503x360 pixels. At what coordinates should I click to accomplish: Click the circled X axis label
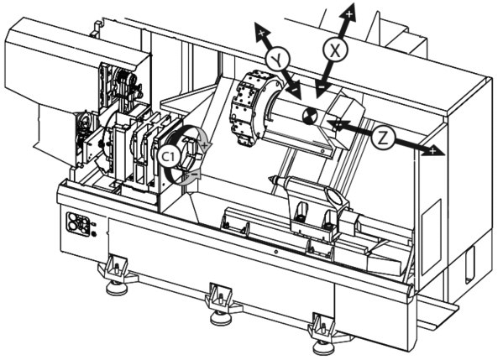click(335, 50)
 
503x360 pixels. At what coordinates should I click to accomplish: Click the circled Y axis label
click(278, 60)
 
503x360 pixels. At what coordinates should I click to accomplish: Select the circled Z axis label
click(383, 138)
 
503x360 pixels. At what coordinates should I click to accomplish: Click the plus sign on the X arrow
click(349, 14)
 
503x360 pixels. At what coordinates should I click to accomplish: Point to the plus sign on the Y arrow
click(261, 33)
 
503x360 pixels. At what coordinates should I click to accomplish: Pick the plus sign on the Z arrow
click(432, 151)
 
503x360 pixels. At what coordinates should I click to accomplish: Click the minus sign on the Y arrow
click(294, 90)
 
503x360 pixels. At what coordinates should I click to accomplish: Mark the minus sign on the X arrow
click(321, 86)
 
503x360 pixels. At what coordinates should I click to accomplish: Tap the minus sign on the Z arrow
click(337, 123)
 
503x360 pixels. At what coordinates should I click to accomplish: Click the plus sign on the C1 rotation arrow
click(205, 144)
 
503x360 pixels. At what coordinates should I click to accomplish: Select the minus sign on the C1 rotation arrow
click(195, 174)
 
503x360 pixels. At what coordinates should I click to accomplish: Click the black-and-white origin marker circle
click(310, 115)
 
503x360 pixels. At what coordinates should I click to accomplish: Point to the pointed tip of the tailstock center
click(270, 180)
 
